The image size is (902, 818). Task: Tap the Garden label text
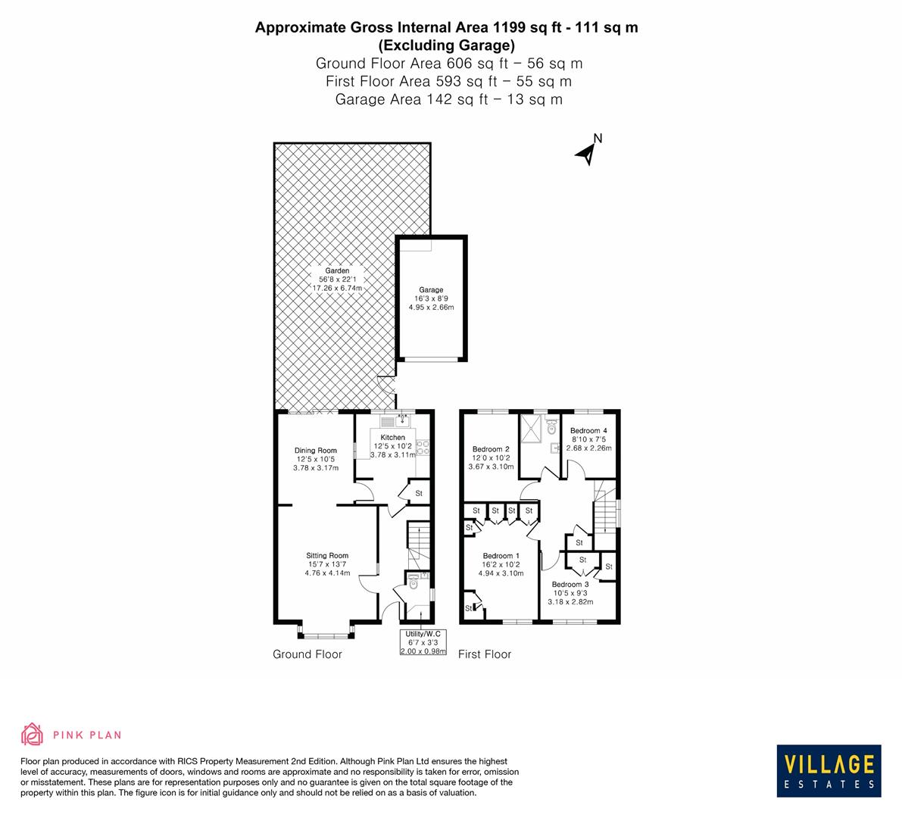(x=337, y=271)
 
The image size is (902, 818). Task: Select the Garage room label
(x=431, y=290)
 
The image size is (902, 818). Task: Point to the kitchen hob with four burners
(x=423, y=448)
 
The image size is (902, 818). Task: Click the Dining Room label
(x=316, y=451)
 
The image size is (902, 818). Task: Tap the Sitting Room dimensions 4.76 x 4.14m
(x=327, y=573)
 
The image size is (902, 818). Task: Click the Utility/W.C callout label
(x=423, y=633)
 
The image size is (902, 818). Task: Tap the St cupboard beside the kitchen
(x=419, y=493)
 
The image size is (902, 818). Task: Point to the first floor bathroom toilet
(x=551, y=427)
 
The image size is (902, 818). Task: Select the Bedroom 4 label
(x=588, y=430)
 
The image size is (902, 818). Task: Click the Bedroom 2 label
(x=491, y=448)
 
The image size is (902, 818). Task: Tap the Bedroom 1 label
(x=501, y=555)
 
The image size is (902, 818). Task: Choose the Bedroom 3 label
(x=570, y=584)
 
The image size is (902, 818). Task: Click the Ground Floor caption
(x=307, y=654)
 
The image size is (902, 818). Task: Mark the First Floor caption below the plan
(x=485, y=654)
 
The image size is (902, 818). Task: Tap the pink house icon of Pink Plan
(x=32, y=734)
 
